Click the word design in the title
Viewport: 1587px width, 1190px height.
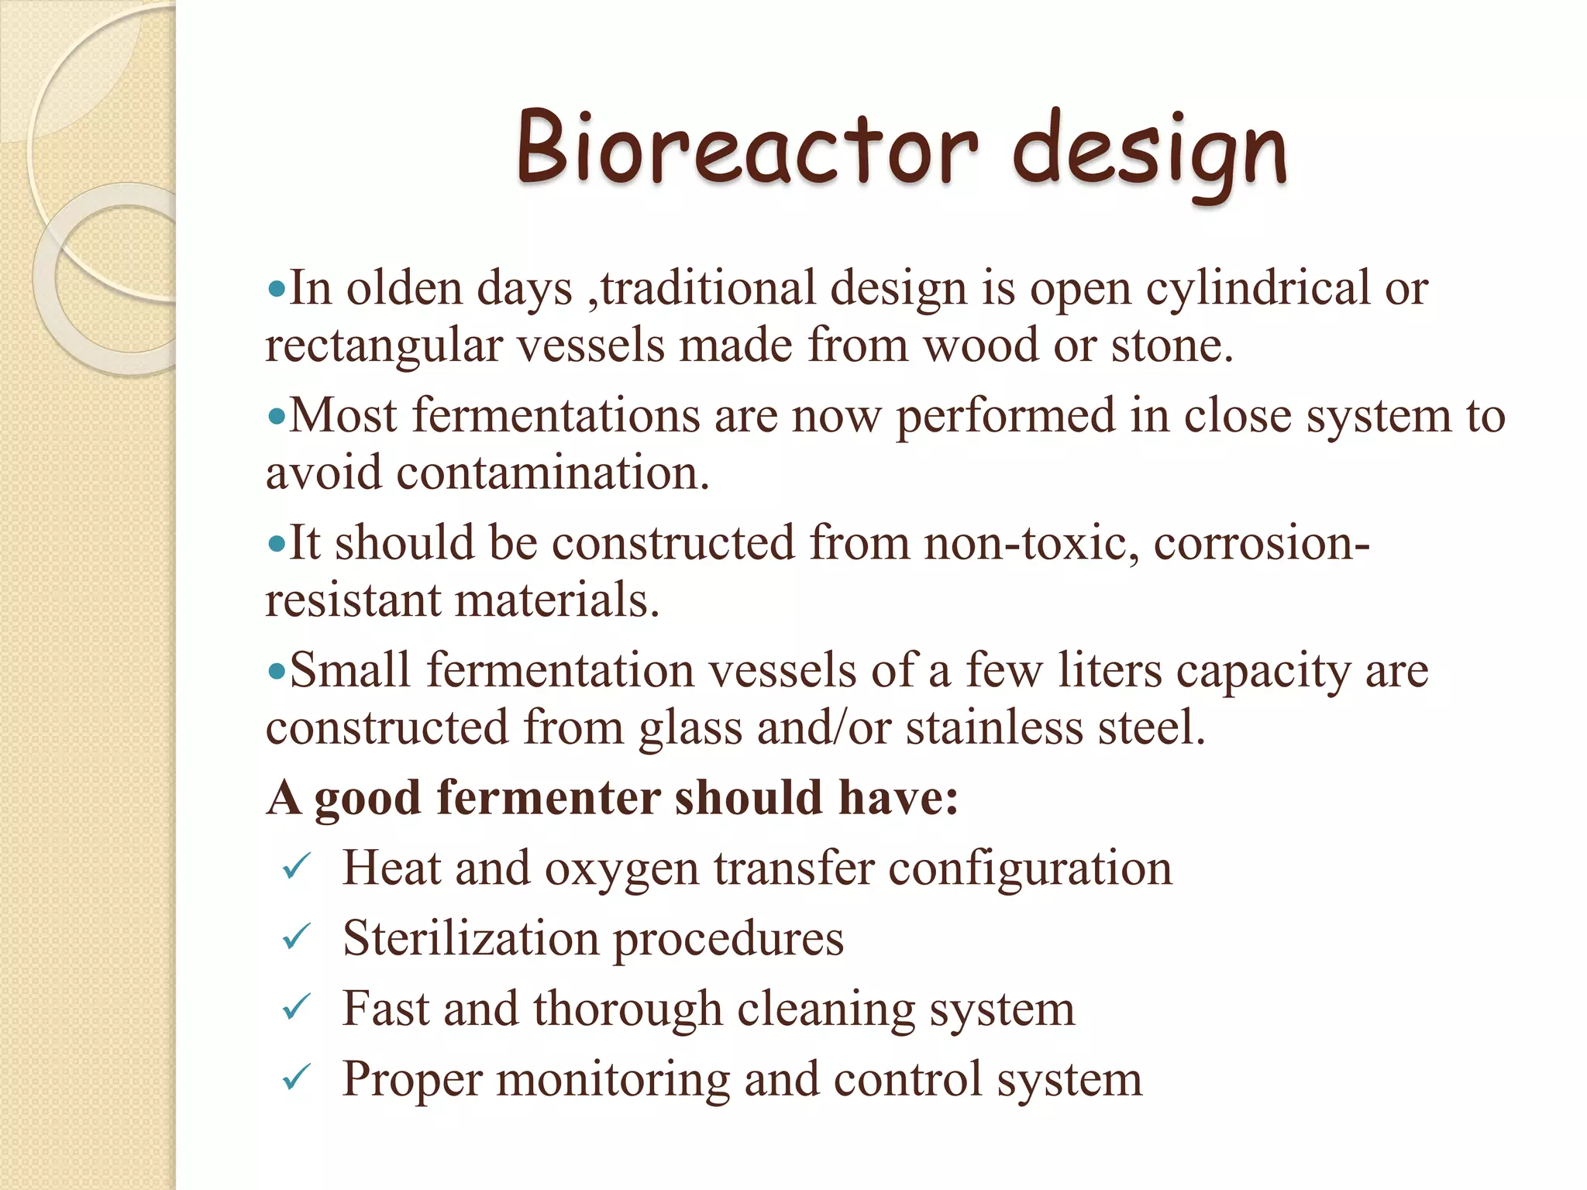tap(1150, 151)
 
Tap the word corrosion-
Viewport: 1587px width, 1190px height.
tap(1261, 542)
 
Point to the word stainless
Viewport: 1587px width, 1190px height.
tap(994, 728)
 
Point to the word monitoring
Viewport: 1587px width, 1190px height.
tap(613, 1080)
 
